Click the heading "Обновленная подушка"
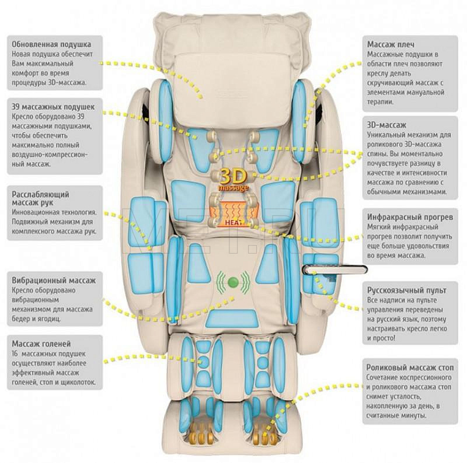(x=51, y=44)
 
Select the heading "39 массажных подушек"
(x=53, y=107)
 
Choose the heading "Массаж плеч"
(x=391, y=44)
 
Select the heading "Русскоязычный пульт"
(x=406, y=290)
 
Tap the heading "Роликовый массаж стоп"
(x=410, y=368)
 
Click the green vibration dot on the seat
(x=233, y=283)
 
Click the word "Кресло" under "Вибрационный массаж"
(x=23, y=290)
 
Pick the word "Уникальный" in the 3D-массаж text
(x=388, y=135)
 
